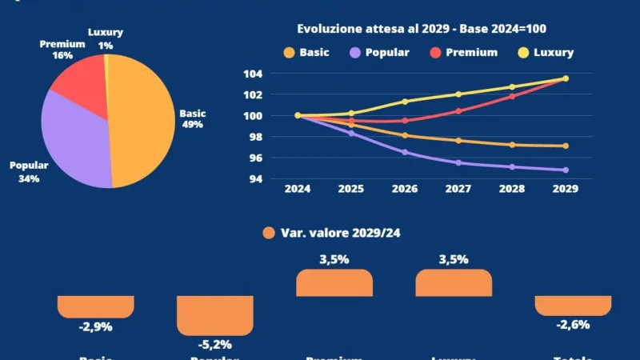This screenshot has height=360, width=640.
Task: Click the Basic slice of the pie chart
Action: [x=140, y=120]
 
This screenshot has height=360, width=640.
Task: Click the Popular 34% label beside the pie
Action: [x=29, y=172]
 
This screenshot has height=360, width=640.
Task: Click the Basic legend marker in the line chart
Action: [x=288, y=53]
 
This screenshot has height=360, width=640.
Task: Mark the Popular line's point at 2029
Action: [x=565, y=170]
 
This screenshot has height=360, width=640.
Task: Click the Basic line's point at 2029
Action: [x=565, y=146]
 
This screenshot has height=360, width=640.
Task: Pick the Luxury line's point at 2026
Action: [x=405, y=102]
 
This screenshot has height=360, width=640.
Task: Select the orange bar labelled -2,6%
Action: [x=573, y=305]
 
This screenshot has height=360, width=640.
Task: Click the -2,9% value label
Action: [x=96, y=327]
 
